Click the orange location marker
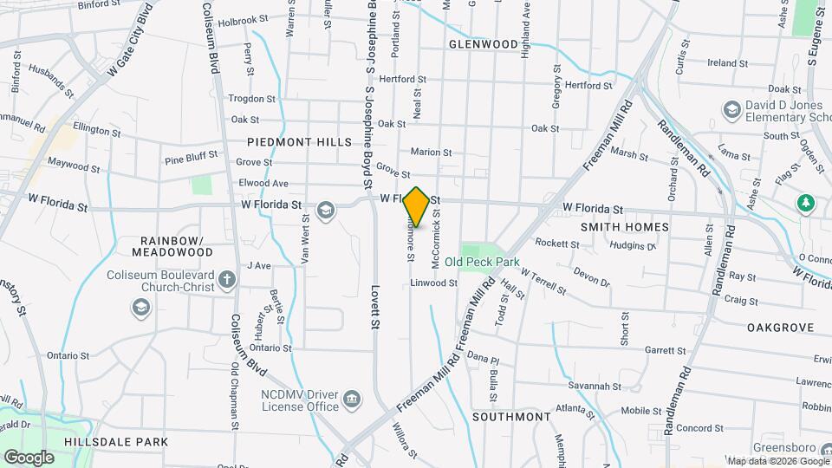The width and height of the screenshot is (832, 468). (417, 207)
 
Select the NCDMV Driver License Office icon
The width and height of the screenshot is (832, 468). (352, 399)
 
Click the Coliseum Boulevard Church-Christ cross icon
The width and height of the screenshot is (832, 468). (226, 279)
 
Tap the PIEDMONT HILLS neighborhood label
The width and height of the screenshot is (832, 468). (299, 141)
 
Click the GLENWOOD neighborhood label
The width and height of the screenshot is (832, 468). (484, 43)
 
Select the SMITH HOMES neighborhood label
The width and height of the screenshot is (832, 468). (625, 227)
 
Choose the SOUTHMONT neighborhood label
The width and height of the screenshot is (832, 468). (511, 417)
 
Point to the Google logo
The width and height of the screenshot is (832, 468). (29, 457)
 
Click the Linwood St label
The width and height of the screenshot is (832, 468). (433, 283)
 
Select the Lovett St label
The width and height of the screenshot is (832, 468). (376, 308)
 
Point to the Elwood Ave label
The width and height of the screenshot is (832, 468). (263, 184)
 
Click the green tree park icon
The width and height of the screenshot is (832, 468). (806, 203)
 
